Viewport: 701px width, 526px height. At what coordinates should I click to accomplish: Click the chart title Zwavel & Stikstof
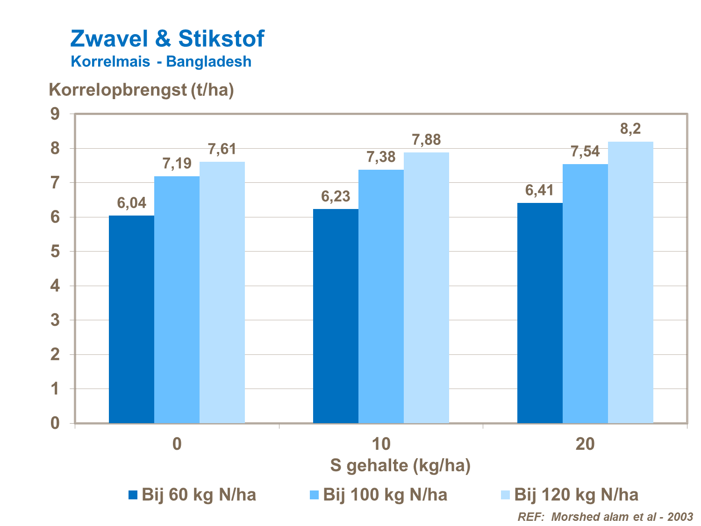click(167, 38)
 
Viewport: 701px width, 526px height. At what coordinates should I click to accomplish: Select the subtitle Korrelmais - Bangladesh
click(161, 61)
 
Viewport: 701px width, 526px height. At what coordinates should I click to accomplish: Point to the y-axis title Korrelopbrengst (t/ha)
click(141, 89)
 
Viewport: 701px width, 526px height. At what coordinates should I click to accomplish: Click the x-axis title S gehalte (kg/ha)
click(400, 465)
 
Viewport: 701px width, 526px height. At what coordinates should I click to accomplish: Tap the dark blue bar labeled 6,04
click(131, 319)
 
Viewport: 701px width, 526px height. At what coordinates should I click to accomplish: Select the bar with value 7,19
click(177, 299)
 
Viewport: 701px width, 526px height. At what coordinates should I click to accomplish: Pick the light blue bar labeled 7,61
click(222, 292)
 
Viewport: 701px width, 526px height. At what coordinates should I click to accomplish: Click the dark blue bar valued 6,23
click(336, 316)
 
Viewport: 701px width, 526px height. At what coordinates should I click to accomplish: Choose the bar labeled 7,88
click(426, 288)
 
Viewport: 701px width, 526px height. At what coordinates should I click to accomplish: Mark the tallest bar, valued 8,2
click(630, 282)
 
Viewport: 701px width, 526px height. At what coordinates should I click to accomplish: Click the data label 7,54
click(585, 152)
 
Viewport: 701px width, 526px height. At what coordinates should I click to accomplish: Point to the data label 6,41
click(539, 191)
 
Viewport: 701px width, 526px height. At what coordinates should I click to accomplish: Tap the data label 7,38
click(381, 157)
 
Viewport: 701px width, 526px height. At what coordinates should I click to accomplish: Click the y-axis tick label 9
click(55, 114)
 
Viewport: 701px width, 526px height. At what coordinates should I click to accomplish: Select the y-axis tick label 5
click(55, 252)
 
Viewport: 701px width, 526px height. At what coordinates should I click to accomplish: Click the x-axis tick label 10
click(381, 444)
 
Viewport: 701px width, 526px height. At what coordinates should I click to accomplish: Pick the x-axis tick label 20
click(585, 444)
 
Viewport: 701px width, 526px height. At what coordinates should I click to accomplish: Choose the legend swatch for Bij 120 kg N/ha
click(506, 495)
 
